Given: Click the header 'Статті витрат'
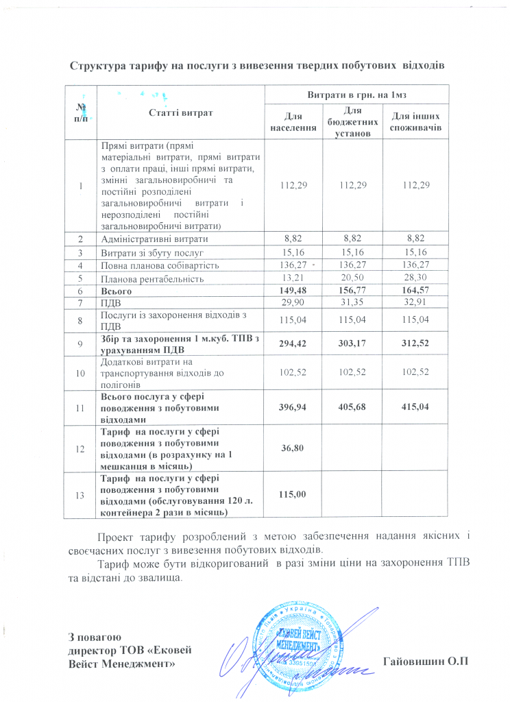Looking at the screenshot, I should point(181,112).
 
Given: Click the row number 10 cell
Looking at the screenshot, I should point(81,372).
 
